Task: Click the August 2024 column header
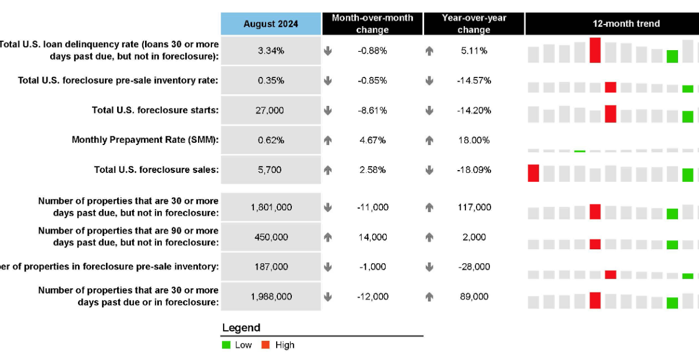(271, 24)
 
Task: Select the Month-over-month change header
(372, 24)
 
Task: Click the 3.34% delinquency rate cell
(271, 51)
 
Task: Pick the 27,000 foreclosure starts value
(271, 111)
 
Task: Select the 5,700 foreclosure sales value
(271, 170)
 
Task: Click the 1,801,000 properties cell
(271, 207)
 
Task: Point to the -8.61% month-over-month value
(372, 111)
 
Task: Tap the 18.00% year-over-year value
(474, 140)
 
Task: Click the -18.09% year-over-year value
(474, 170)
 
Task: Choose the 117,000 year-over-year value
(474, 207)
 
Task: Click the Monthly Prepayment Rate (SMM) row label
(145, 140)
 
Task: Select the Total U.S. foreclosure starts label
(155, 110)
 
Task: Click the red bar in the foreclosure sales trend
(533, 173)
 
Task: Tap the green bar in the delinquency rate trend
(672, 57)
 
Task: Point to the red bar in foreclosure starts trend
(610, 114)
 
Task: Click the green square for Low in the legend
(227, 345)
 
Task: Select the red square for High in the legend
(266, 345)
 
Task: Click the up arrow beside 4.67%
(328, 140)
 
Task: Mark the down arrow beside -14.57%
(429, 81)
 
